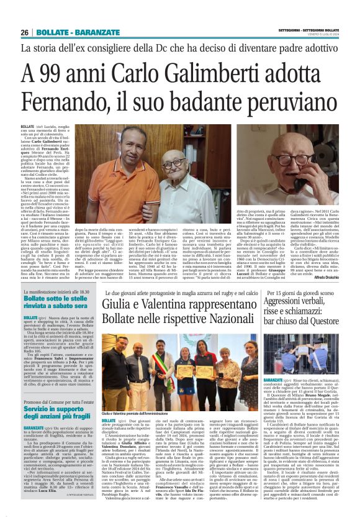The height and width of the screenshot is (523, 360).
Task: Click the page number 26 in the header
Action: click(x=24, y=32)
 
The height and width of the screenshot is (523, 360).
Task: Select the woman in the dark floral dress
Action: click(x=228, y=373)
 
